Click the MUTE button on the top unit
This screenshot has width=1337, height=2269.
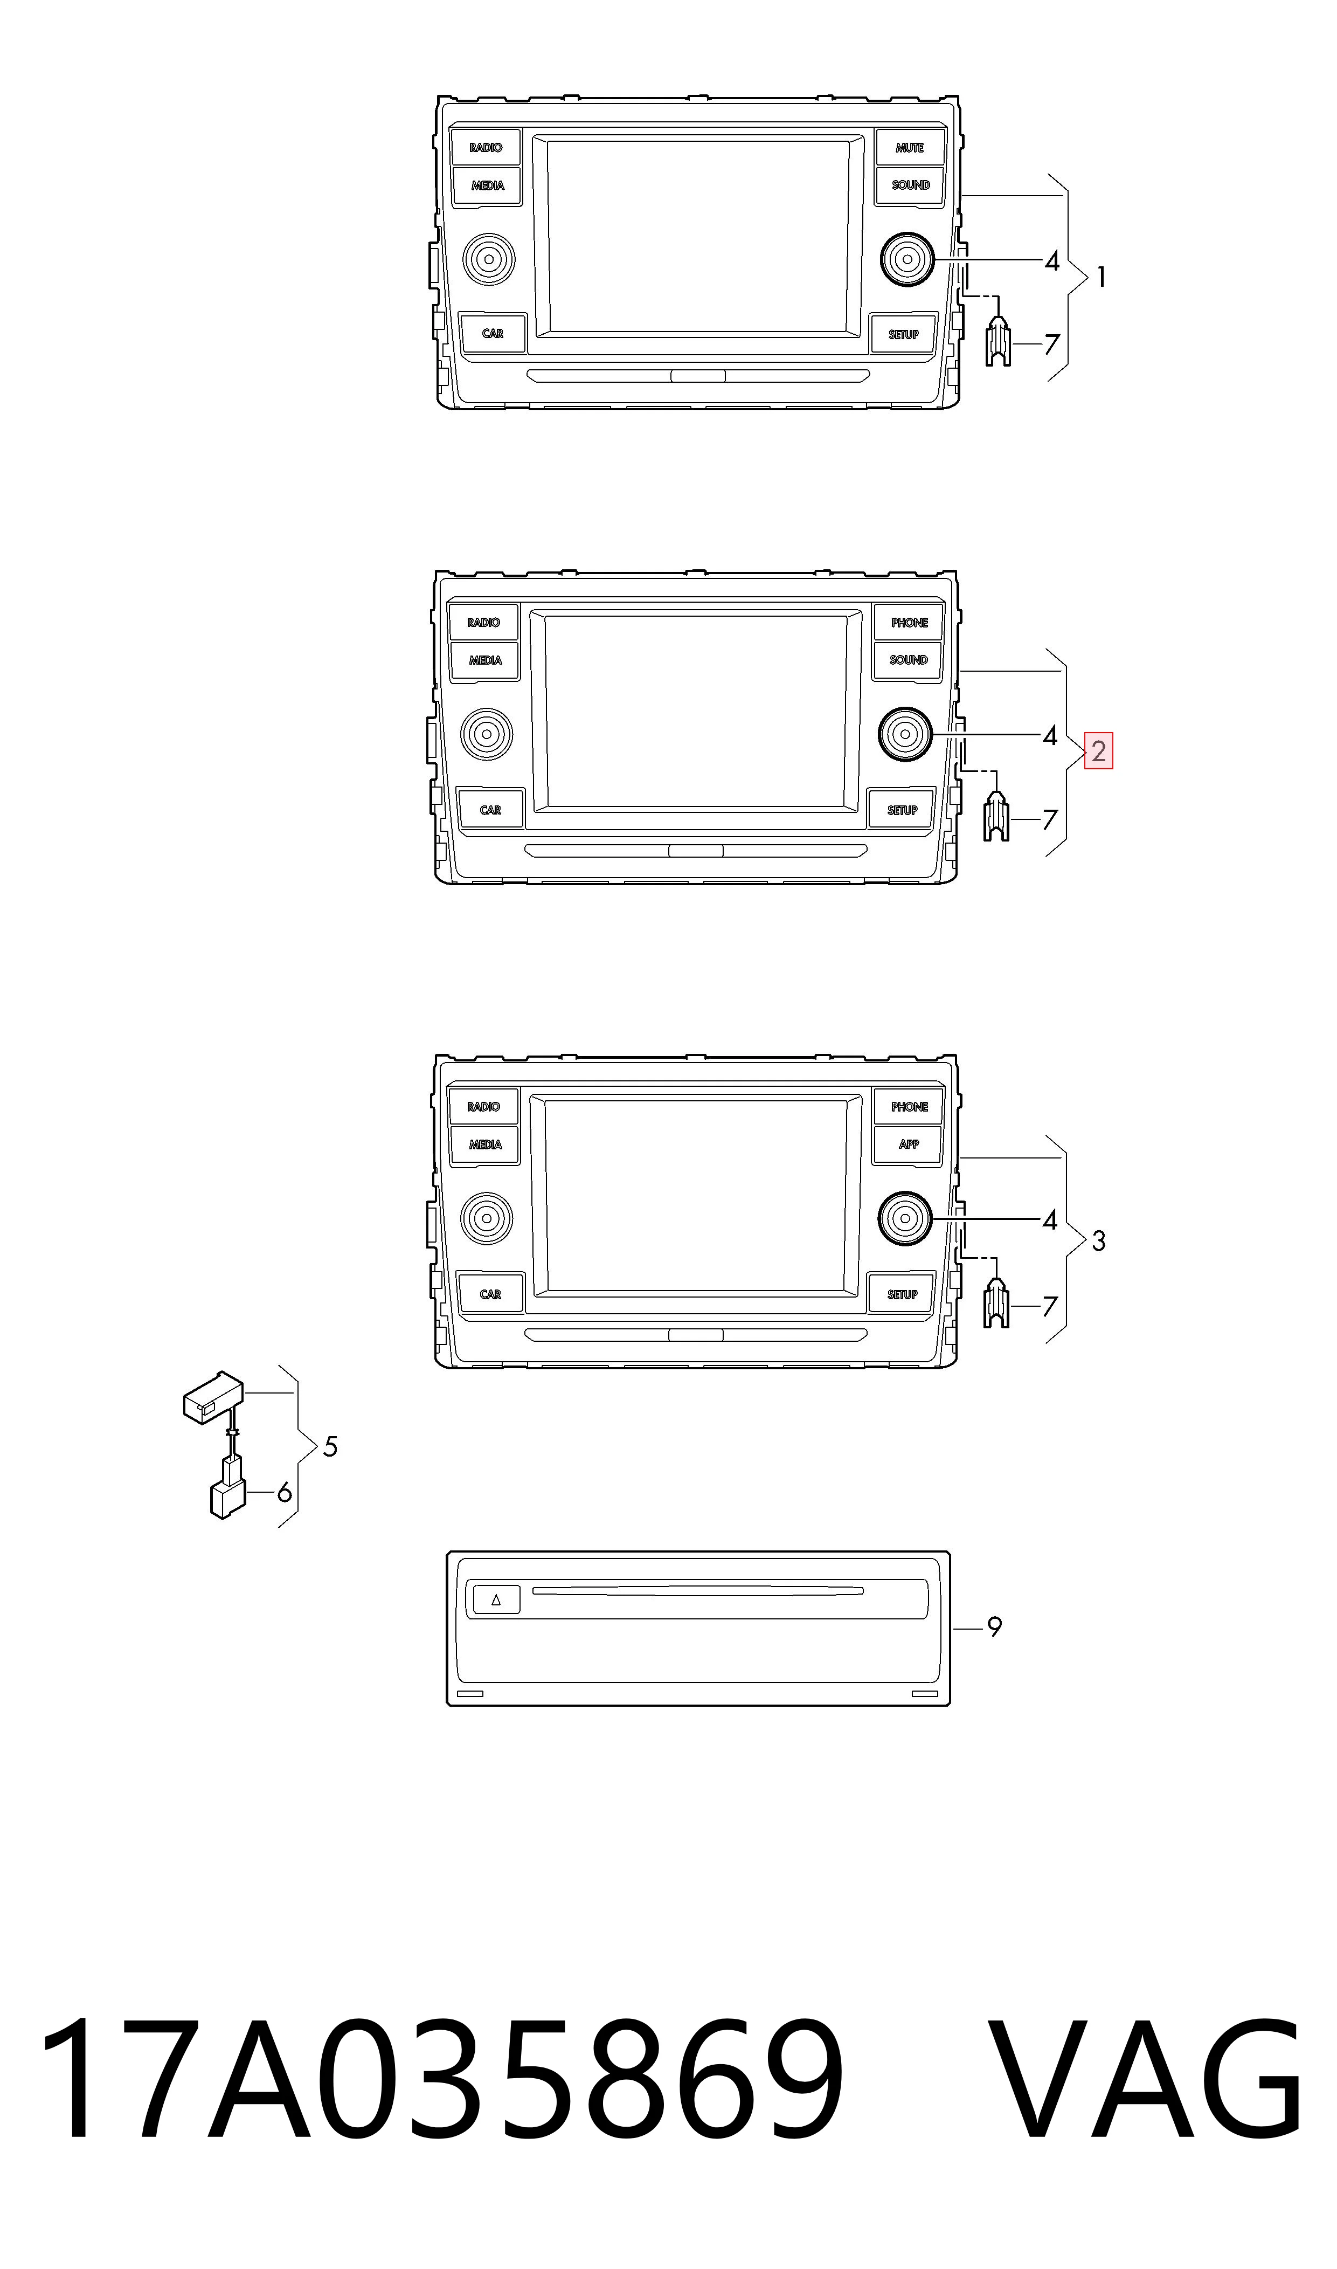coord(910,147)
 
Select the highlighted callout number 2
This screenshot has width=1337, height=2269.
coord(1098,751)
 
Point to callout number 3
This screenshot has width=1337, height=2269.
coord(1098,1242)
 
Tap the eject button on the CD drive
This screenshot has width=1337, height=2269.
coord(496,1601)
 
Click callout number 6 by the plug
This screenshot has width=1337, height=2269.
coord(284,1494)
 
